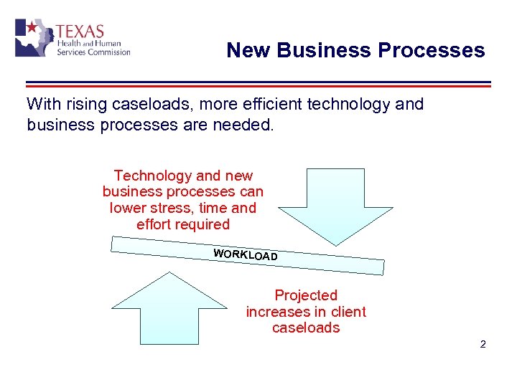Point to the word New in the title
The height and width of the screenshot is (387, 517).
pos(248,50)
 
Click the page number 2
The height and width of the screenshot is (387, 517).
pos(483,345)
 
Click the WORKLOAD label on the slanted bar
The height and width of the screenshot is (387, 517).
pos(246,254)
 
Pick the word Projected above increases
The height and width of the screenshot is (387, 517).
pos(306,295)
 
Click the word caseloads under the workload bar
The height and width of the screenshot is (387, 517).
pos(306,328)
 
